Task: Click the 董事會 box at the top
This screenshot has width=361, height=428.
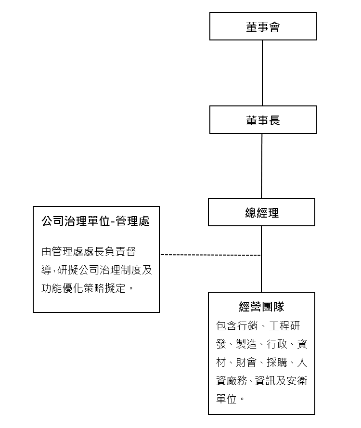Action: pyautogui.click(x=263, y=26)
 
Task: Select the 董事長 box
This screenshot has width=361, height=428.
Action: pyautogui.click(x=263, y=120)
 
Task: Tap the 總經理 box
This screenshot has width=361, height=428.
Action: pyautogui.click(x=261, y=212)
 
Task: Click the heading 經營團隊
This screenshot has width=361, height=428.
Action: pyautogui.click(x=261, y=306)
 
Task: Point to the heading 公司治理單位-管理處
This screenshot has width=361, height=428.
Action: pyautogui.click(x=96, y=221)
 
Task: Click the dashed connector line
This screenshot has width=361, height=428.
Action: pyautogui.click(x=210, y=255)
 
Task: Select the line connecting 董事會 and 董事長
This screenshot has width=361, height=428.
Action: pyautogui.click(x=262, y=73)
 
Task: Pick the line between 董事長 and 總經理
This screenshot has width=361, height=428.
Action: pyautogui.click(x=262, y=166)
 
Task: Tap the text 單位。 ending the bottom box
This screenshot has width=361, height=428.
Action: pyautogui.click(x=230, y=399)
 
